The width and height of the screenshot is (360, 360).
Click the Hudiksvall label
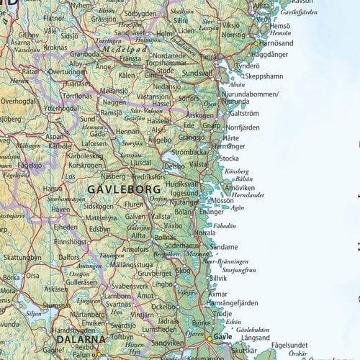pyautogui.click(x=182, y=184)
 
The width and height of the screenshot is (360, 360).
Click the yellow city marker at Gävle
pyautogui.click(x=210, y=338)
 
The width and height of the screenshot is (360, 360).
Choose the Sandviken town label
pyautogui.click(x=167, y=344)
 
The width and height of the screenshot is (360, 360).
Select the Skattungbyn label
pyautogui.click(x=22, y=257)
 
